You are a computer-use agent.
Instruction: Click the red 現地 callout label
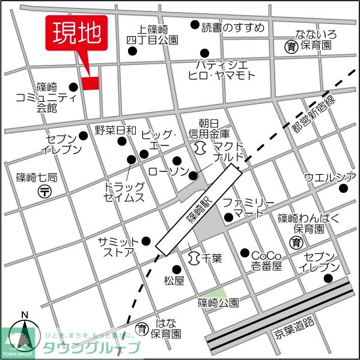coord(76,34)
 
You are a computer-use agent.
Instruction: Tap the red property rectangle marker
coord(91,84)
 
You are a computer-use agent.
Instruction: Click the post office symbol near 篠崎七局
coord(46,192)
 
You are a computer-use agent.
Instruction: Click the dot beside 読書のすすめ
coord(194,25)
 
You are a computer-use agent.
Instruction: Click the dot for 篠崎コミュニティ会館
coord(74,87)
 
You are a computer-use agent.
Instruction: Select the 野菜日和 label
coord(115,130)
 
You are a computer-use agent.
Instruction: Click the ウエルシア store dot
coord(343,189)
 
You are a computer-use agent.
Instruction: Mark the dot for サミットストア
coord(146,241)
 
